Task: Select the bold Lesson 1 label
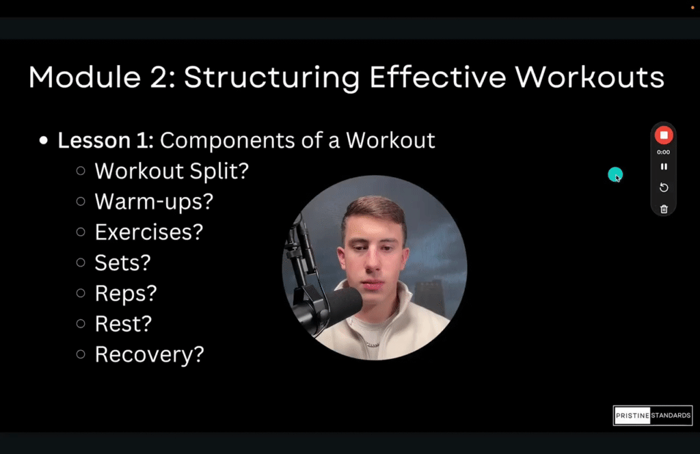tap(106, 140)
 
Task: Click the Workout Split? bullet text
tap(172, 171)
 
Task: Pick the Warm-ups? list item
tap(154, 202)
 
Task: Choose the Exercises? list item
tap(149, 232)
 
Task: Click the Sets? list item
tap(122, 263)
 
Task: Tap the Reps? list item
tap(126, 293)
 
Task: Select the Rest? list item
tap(124, 323)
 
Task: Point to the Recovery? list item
tap(149, 354)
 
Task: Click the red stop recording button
tap(663, 135)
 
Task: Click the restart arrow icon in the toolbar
tap(663, 188)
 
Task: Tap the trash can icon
tap(663, 209)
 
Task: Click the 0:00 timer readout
tap(663, 152)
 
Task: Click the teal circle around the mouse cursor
tap(615, 175)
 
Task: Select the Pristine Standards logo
tap(653, 416)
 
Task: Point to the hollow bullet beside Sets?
tap(81, 262)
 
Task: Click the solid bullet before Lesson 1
tap(44, 141)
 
